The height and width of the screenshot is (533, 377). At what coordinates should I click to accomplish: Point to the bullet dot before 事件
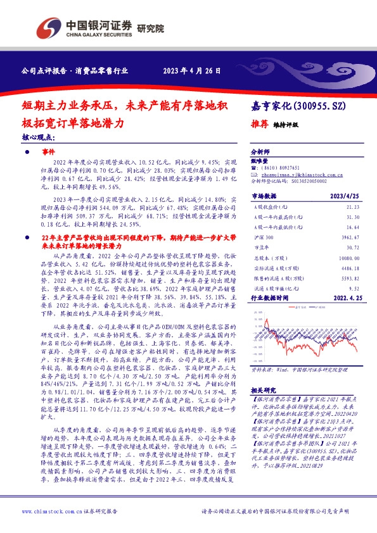[28, 153]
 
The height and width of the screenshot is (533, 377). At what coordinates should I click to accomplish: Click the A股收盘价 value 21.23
[352, 206]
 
